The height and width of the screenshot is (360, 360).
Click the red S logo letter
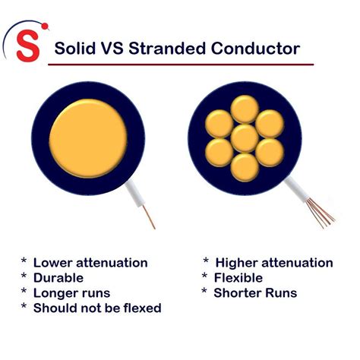tap(30, 46)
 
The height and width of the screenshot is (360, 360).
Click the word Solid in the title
tap(75, 50)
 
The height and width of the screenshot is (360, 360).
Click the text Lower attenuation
tap(90, 263)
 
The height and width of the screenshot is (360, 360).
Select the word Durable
tap(58, 278)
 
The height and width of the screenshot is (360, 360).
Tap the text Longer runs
tap(71, 293)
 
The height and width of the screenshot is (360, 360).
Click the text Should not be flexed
tap(97, 308)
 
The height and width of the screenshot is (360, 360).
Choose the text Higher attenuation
tap(274, 263)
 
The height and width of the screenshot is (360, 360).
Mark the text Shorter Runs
tap(255, 293)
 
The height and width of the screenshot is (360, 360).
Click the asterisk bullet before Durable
tap(24, 278)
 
